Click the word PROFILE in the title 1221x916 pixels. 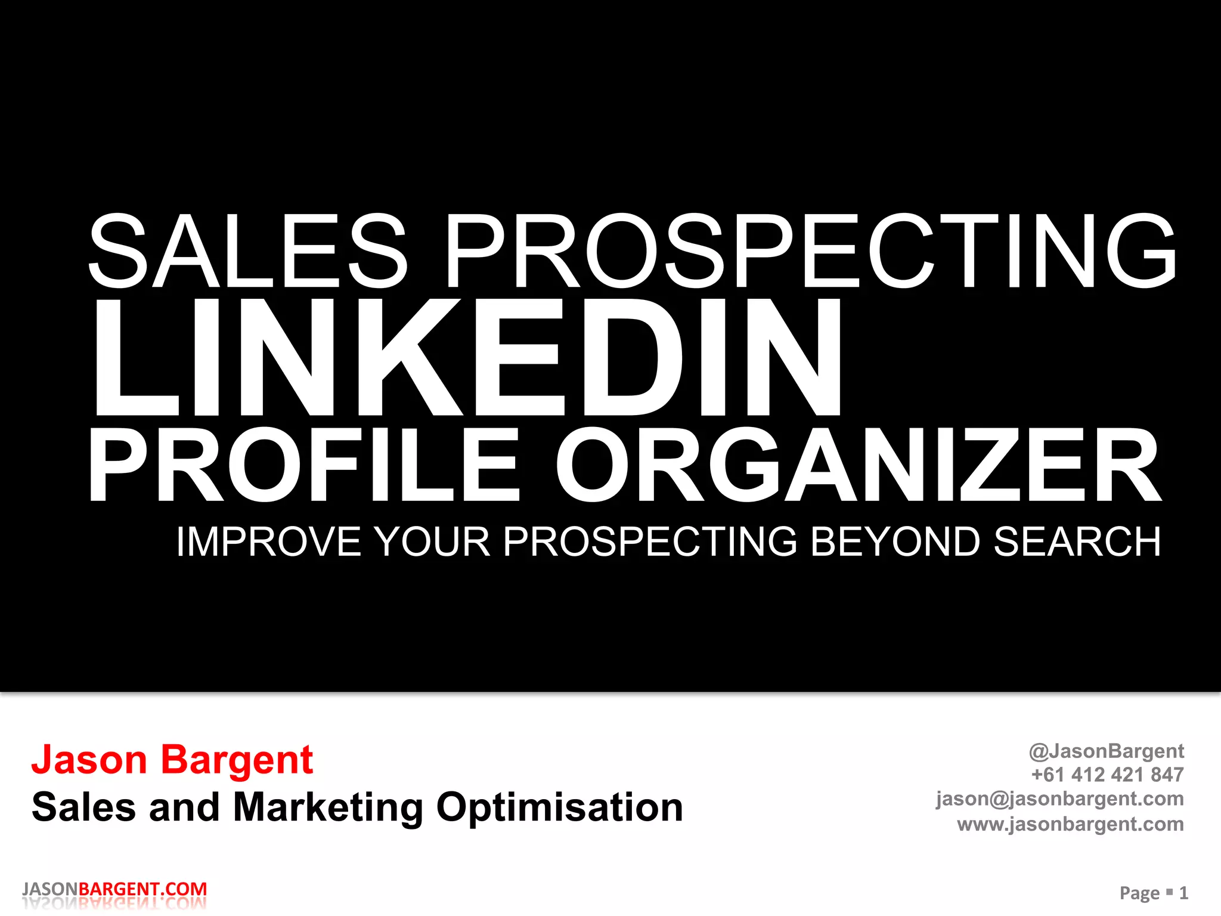pyautogui.click(x=304, y=465)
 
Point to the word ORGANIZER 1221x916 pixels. pyautogui.click(x=859, y=465)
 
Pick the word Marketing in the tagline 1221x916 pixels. pyautogui.click(x=328, y=807)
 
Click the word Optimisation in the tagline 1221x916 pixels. pyautogui.click(x=559, y=807)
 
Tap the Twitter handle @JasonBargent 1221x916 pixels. pyautogui.click(x=1106, y=751)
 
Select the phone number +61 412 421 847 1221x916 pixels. pyautogui.click(x=1107, y=775)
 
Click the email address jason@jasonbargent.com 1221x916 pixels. pyautogui.click(x=1059, y=799)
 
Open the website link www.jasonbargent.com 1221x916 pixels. pyautogui.click(x=1070, y=824)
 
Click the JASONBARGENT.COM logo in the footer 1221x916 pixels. pyautogui.click(x=114, y=889)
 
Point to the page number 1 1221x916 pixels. pyautogui.click(x=1183, y=893)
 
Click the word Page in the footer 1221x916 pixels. pyautogui.click(x=1139, y=893)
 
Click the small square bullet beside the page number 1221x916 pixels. pyautogui.click(x=1169, y=891)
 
